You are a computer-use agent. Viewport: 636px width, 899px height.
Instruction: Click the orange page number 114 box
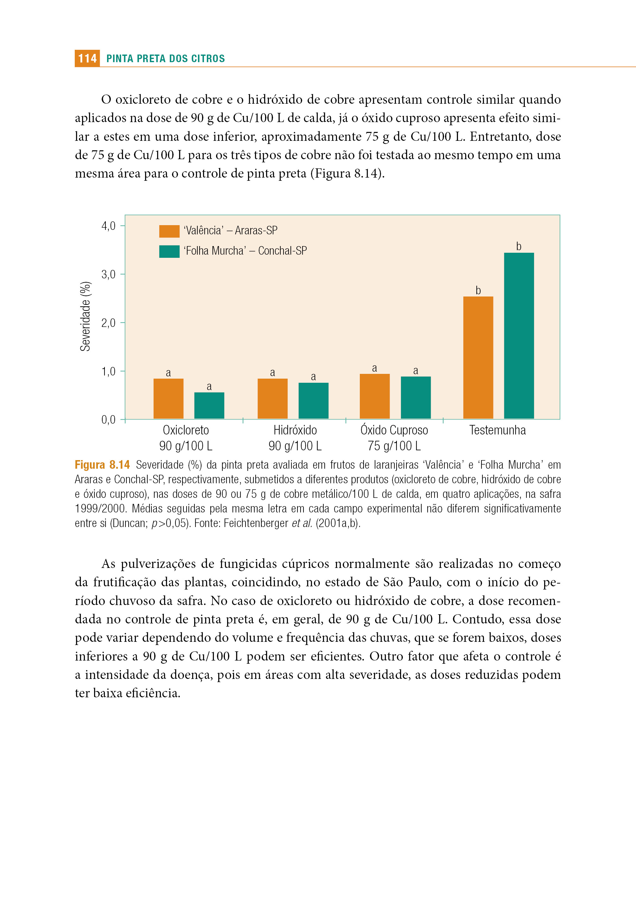tap(87, 58)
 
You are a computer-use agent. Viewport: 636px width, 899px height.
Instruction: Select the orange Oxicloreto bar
tap(169, 399)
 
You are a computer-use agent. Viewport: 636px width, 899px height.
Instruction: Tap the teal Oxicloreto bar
tap(209, 405)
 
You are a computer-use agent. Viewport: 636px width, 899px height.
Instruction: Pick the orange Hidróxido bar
tap(273, 399)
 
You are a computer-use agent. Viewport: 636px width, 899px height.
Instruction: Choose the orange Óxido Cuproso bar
tap(375, 396)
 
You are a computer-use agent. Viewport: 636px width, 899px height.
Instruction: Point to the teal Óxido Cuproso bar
tap(416, 398)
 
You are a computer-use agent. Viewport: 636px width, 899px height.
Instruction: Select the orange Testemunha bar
tap(478, 358)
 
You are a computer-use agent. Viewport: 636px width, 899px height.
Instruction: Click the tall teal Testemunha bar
tap(519, 335)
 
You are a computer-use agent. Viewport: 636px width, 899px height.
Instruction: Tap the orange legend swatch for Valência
tap(169, 231)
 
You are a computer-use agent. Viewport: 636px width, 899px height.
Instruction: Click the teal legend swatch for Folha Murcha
tap(169, 252)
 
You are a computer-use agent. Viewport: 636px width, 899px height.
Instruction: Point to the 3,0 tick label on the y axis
tap(108, 274)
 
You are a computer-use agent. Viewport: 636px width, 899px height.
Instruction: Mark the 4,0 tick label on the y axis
tap(108, 226)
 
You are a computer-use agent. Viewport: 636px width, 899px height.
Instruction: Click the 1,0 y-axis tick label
tap(108, 371)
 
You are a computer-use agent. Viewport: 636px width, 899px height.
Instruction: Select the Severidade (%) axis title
tap(86, 316)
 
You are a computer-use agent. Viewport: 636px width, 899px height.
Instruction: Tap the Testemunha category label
tap(497, 430)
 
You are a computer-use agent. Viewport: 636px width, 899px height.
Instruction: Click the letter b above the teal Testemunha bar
tap(518, 246)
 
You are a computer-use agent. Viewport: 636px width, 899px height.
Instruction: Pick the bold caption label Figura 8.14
tap(102, 465)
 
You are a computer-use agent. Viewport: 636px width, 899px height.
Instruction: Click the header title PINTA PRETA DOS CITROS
tap(166, 59)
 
